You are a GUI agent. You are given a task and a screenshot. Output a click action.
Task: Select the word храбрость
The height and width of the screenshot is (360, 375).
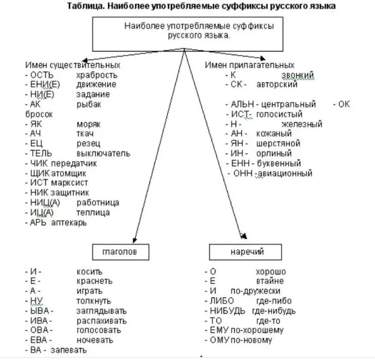click(x=97, y=75)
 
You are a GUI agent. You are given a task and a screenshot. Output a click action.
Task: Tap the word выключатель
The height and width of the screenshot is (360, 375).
click(x=103, y=153)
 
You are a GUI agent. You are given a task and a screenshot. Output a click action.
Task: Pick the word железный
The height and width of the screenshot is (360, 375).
click(x=302, y=124)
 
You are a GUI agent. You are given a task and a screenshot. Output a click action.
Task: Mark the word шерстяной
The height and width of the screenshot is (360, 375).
click(x=278, y=144)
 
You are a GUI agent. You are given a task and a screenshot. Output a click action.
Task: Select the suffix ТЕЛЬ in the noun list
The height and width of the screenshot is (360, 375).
click(x=41, y=153)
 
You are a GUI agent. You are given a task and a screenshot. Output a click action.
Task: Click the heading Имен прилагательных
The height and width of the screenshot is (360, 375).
click(x=250, y=65)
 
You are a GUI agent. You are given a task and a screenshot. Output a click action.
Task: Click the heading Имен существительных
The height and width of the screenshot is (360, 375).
click(x=72, y=65)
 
